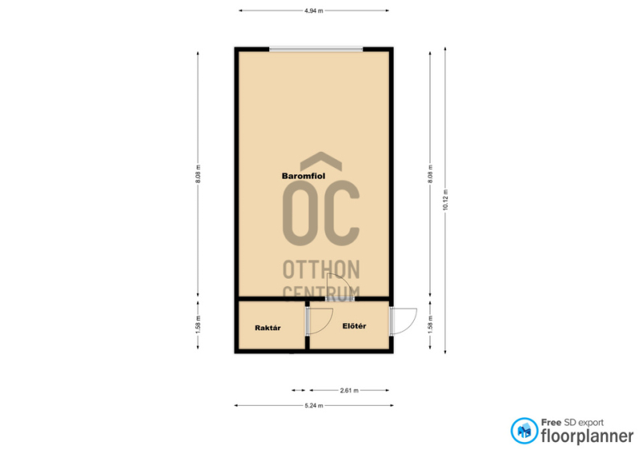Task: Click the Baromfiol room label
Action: click(x=304, y=176)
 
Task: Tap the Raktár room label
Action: click(x=268, y=328)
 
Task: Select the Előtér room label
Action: click(x=354, y=326)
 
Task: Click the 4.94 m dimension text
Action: click(x=313, y=11)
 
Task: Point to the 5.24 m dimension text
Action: click(x=313, y=406)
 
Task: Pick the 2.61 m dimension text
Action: click(x=350, y=391)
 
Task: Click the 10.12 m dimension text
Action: click(x=445, y=200)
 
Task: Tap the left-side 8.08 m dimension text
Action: click(x=198, y=174)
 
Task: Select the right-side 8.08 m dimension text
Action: click(x=430, y=174)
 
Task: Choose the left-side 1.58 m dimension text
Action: click(x=198, y=324)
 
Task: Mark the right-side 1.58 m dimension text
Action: click(x=430, y=324)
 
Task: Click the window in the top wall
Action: click(x=316, y=50)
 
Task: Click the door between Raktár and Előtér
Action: click(x=319, y=321)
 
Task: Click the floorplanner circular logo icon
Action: click(x=524, y=431)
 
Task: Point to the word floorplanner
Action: click(x=588, y=436)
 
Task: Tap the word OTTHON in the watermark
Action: click(x=321, y=269)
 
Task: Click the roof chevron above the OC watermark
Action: click(x=321, y=162)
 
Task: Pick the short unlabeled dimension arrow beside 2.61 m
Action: click(x=298, y=391)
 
